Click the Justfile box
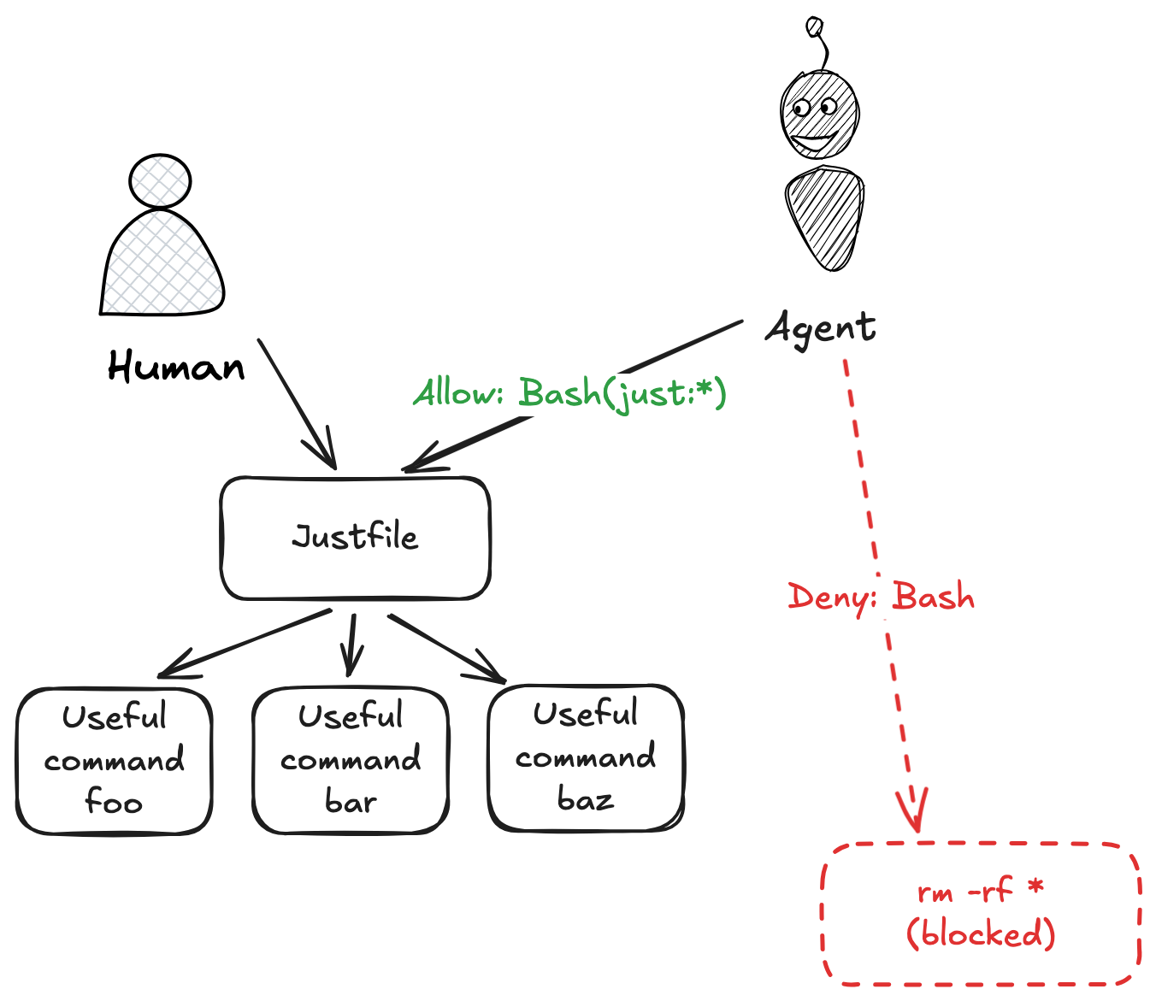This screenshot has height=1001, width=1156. pyautogui.click(x=355, y=538)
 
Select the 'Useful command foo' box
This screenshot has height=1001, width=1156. pyautogui.click(x=114, y=760)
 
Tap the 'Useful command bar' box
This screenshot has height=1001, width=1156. pyautogui.click(x=351, y=760)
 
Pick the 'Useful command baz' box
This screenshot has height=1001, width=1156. pyautogui.click(x=586, y=757)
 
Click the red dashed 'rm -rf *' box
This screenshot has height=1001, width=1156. pyautogui.click(x=981, y=913)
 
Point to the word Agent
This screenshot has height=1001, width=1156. pyautogui.click(x=820, y=328)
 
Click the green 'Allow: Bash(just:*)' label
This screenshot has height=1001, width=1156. pyautogui.click(x=570, y=393)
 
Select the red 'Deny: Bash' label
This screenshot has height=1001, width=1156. pyautogui.click(x=881, y=597)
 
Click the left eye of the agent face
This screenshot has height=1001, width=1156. pyautogui.click(x=801, y=109)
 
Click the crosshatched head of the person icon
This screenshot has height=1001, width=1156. pyautogui.click(x=160, y=180)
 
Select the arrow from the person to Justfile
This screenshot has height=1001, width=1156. pyautogui.click(x=295, y=402)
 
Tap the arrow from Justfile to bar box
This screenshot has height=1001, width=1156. pyautogui.click(x=351, y=645)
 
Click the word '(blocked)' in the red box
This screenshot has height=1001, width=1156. pyautogui.click(x=981, y=933)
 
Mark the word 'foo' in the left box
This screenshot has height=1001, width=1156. pyautogui.click(x=114, y=803)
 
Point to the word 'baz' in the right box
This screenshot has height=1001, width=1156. pyautogui.click(x=586, y=800)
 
